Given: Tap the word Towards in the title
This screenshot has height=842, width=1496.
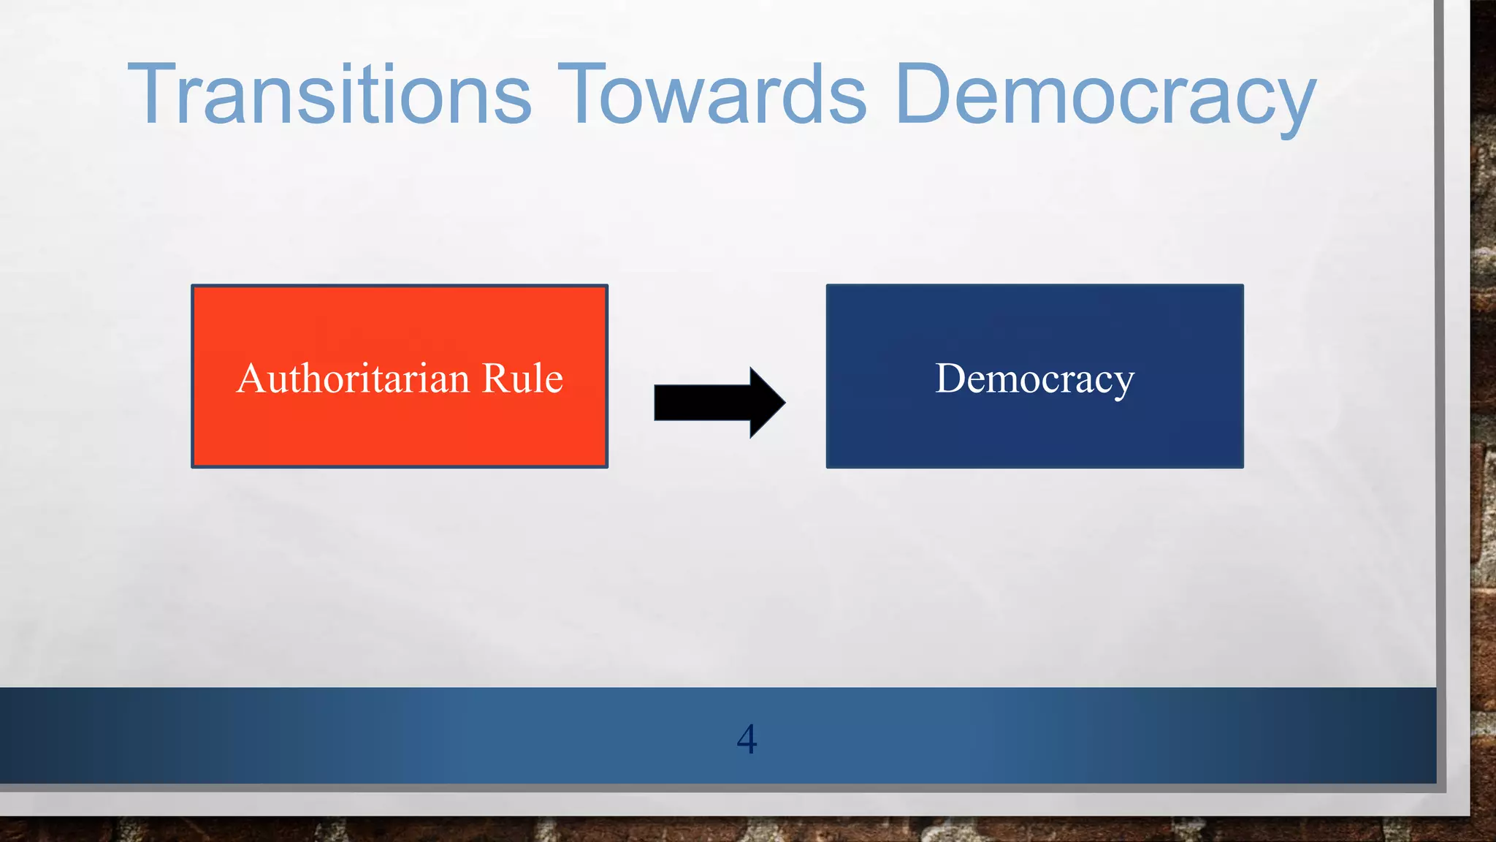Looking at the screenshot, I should (712, 95).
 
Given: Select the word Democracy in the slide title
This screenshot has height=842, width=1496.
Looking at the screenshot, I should (1104, 95).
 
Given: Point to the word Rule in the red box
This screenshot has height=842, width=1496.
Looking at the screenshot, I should (522, 379).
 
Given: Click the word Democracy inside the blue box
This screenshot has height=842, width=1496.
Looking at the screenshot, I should (1034, 379).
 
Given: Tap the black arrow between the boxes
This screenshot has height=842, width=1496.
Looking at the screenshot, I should (720, 402).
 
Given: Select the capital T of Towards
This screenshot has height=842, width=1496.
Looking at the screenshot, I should (582, 95).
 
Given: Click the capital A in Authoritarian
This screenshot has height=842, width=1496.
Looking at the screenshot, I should (252, 379).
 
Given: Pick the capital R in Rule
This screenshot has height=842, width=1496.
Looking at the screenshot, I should (495, 379).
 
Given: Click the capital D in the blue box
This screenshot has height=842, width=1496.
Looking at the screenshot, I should (951, 379).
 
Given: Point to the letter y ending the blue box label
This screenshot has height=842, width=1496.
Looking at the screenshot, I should (1124, 383).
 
